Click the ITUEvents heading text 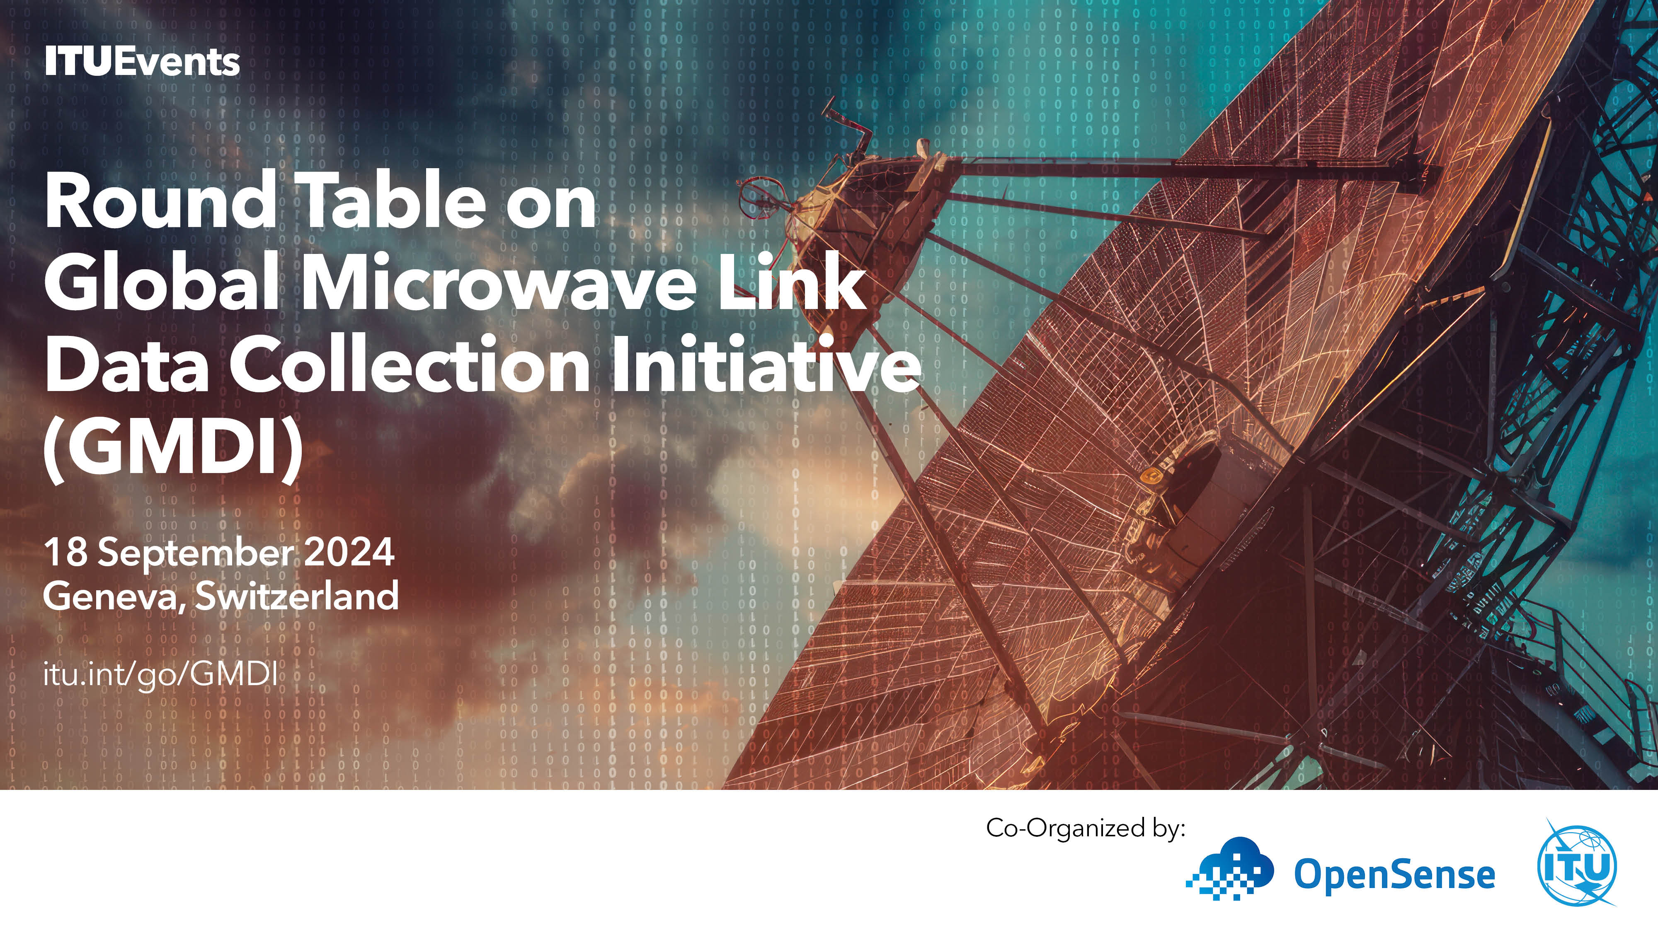click(x=142, y=62)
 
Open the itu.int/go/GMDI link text click(x=161, y=675)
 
